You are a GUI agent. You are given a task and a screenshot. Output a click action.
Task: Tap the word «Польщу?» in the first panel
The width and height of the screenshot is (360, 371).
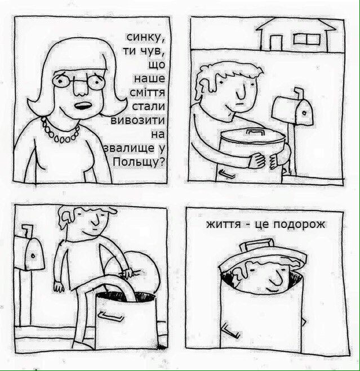(x=139, y=162)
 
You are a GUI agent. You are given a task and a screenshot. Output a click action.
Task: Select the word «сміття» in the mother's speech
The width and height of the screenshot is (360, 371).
(x=147, y=92)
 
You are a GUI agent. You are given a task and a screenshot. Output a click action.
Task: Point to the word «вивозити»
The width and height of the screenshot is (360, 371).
(x=137, y=120)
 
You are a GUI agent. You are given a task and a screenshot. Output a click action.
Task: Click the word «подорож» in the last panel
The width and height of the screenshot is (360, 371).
(x=299, y=225)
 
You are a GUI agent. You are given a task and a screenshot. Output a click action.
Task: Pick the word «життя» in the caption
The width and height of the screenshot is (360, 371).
(x=223, y=224)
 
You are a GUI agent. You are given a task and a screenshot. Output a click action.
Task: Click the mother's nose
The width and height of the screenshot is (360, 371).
(x=81, y=87)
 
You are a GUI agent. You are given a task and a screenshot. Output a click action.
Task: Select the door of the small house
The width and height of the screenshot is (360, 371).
(x=275, y=42)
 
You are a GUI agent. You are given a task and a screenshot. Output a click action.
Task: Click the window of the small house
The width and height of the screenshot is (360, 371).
(x=307, y=39)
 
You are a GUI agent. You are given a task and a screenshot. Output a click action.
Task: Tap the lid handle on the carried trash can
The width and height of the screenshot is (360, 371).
(x=255, y=132)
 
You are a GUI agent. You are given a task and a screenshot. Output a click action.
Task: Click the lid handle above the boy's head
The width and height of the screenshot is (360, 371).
(x=257, y=244)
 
